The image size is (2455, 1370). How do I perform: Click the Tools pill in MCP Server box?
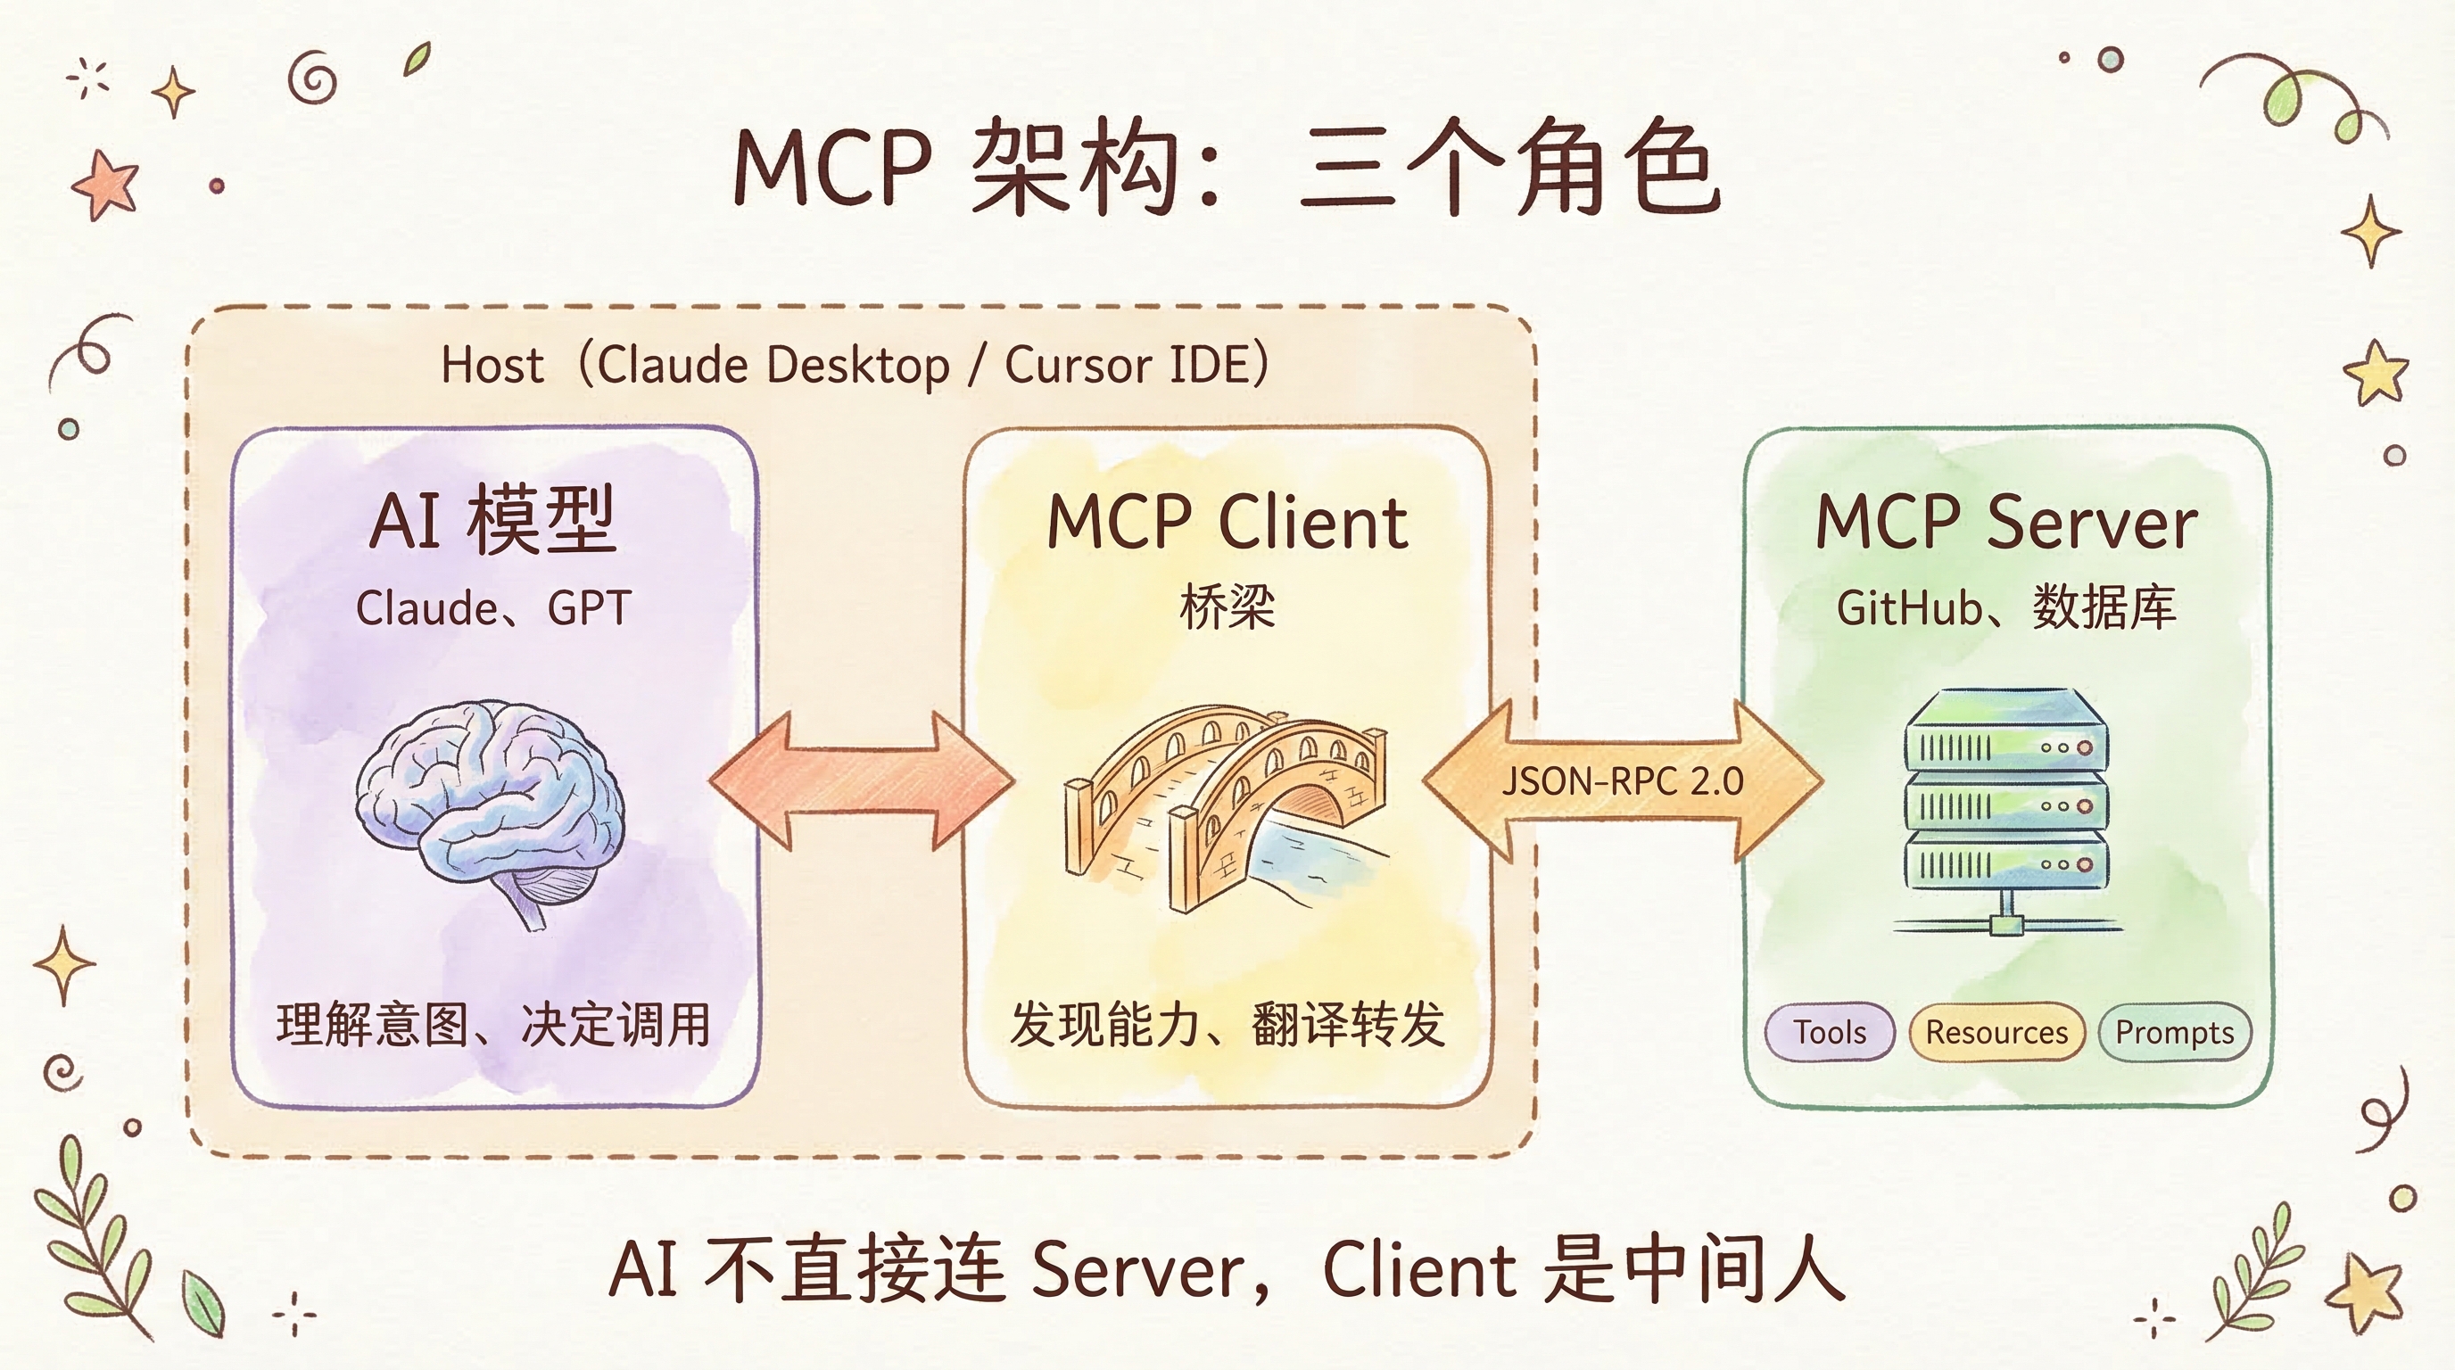(1829, 1032)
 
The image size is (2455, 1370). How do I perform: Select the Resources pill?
(1996, 1032)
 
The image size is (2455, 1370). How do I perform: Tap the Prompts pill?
(2174, 1032)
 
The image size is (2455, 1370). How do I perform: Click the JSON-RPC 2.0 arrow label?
(1622, 781)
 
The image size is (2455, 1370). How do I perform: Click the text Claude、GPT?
(492, 607)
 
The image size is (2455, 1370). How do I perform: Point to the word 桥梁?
(1227, 607)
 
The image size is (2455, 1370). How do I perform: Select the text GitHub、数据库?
(2006, 607)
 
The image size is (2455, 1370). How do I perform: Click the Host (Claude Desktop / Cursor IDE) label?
(855, 365)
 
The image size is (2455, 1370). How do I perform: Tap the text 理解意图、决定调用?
(492, 1025)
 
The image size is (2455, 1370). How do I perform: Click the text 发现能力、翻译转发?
(1227, 1025)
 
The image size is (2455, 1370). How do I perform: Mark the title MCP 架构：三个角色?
(1227, 167)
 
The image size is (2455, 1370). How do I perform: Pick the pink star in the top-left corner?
(105, 184)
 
